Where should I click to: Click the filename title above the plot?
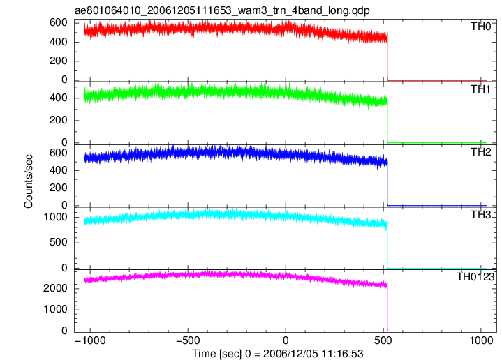(222, 10)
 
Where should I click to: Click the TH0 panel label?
(480, 27)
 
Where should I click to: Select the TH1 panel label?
(480, 89)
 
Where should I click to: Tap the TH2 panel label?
(480, 151)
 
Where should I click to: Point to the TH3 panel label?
(480, 215)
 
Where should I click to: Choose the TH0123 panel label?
(475, 276)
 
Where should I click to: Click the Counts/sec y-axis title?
(29, 181)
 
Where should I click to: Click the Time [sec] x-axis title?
(278, 354)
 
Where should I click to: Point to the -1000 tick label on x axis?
(90, 340)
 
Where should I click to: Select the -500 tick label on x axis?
(188, 340)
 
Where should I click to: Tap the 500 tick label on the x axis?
(383, 340)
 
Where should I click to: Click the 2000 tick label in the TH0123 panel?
(55, 288)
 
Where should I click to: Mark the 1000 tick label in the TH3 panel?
(55, 217)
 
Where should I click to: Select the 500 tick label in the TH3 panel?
(59, 242)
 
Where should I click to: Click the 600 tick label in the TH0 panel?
(59, 22)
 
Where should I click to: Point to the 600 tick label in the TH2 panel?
(59, 153)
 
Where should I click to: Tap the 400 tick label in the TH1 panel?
(59, 98)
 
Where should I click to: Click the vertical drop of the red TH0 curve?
(387, 56)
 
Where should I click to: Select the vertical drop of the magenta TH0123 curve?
(387, 306)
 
